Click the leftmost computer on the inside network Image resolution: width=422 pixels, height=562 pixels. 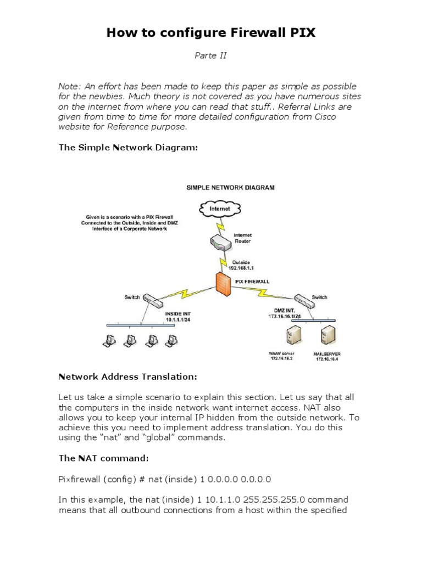point(108,341)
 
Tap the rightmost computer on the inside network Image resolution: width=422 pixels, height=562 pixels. point(170,341)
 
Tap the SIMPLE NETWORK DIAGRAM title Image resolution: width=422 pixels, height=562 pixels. point(230,187)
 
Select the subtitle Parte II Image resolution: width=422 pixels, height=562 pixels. point(211,55)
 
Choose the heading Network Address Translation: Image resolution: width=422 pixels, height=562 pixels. point(127,376)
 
